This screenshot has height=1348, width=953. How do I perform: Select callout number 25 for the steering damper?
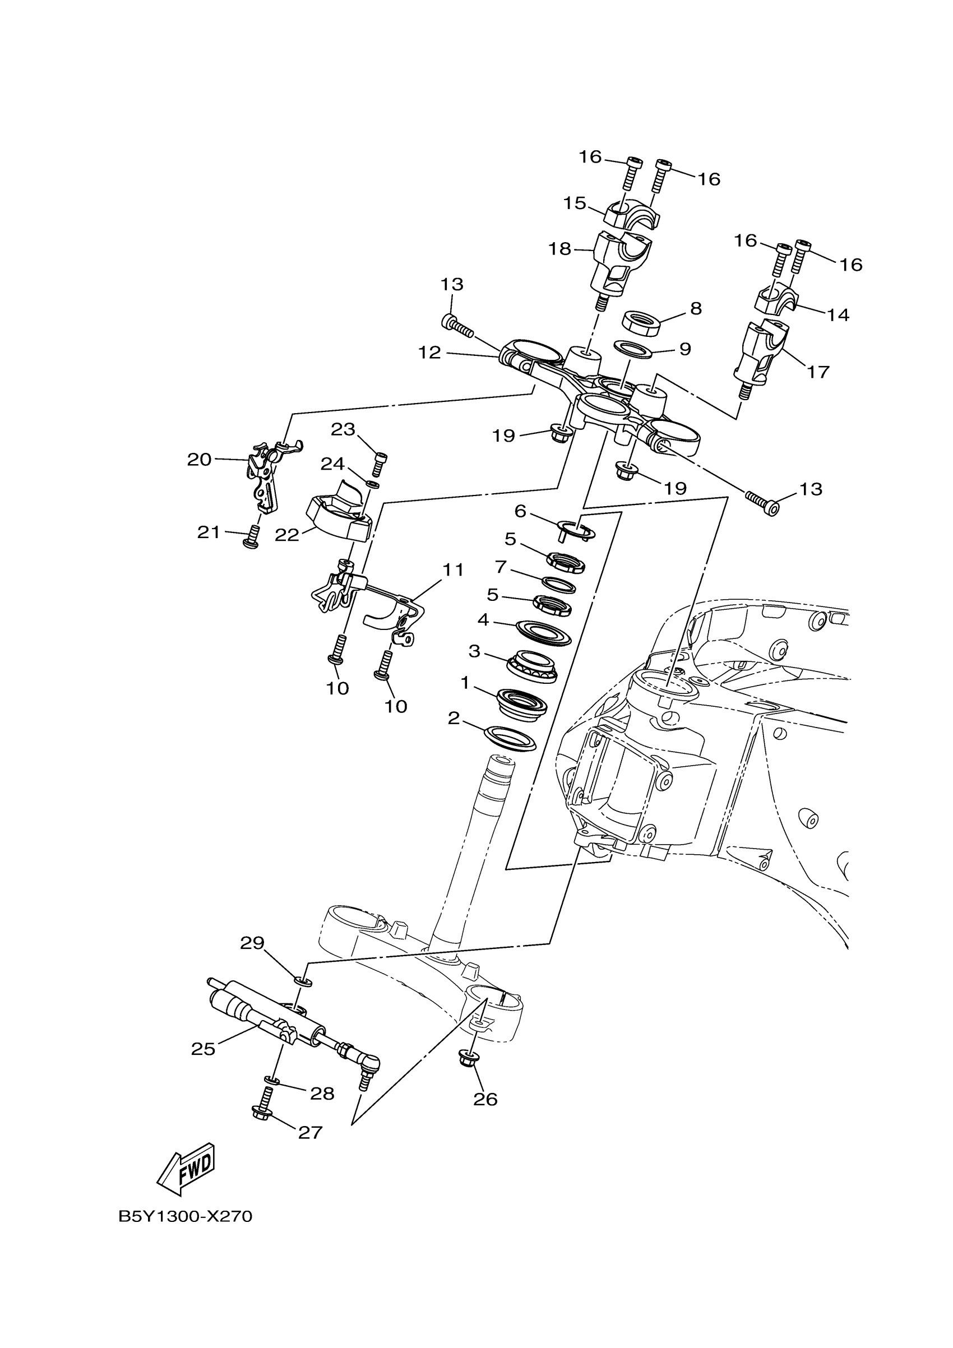[x=203, y=1049]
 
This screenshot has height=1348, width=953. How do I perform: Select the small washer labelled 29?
[x=303, y=981]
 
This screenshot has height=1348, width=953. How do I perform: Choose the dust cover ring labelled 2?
[x=510, y=739]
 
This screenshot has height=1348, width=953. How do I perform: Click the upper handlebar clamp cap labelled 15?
[x=631, y=216]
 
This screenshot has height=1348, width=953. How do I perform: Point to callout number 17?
[x=818, y=372]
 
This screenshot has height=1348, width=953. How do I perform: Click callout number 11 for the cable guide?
[x=453, y=569]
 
